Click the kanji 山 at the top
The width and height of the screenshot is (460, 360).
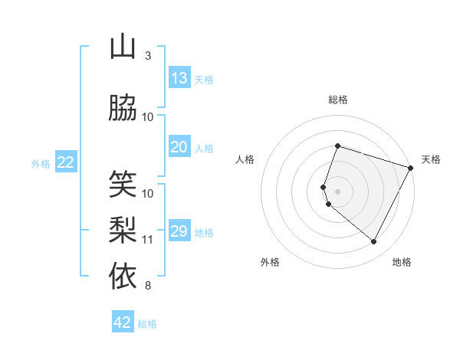(x=123, y=48)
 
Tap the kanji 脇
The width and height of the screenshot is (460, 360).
(x=123, y=109)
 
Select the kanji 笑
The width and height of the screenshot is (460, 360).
(x=123, y=185)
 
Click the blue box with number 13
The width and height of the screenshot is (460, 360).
(x=179, y=78)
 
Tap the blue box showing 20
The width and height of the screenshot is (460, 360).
(x=179, y=148)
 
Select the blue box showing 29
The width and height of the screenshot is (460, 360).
(x=179, y=231)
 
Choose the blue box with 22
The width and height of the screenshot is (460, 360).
(x=66, y=162)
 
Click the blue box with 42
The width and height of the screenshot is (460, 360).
(x=123, y=322)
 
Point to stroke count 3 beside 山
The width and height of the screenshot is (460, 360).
(x=148, y=56)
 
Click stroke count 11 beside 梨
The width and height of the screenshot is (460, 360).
(x=148, y=240)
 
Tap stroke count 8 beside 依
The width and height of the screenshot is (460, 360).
(x=148, y=286)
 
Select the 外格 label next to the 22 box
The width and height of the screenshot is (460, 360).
(x=41, y=163)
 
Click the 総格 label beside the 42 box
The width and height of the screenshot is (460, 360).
(x=147, y=324)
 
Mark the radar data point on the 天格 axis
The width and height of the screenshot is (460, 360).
(x=412, y=168)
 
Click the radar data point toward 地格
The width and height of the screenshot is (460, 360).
(x=374, y=242)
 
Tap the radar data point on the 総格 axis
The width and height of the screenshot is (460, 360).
(x=337, y=146)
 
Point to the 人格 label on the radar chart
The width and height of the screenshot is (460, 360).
(x=245, y=159)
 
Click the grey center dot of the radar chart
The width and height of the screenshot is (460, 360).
(x=337, y=191)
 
